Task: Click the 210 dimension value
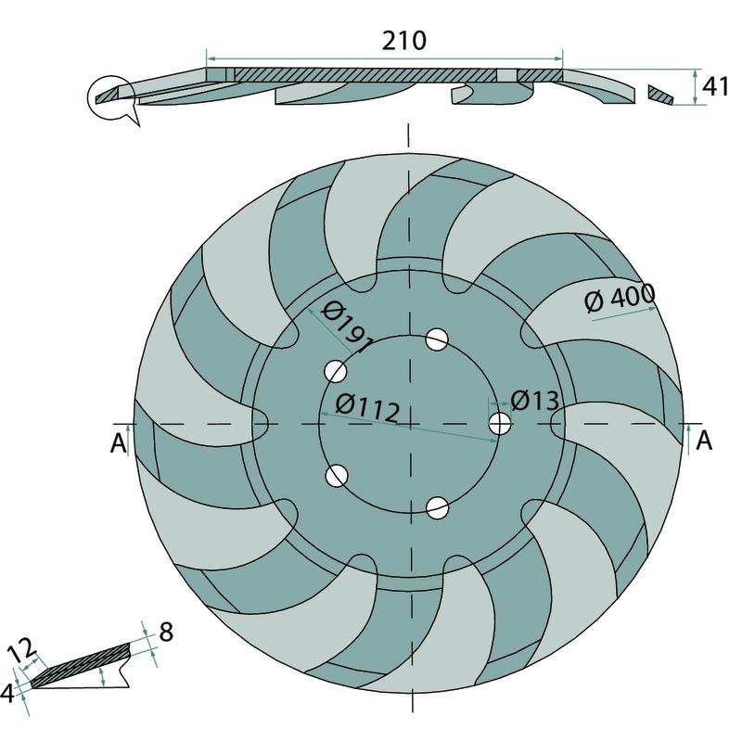click(403, 40)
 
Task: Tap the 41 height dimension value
click(714, 86)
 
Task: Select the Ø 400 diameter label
click(620, 299)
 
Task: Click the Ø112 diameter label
click(368, 407)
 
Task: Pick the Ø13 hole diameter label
click(535, 401)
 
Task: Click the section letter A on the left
click(118, 443)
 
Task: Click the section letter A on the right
click(704, 440)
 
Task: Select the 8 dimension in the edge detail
click(166, 633)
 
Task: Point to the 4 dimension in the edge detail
click(8, 691)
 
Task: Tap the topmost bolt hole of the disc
click(437, 339)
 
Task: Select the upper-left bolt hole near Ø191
click(335, 372)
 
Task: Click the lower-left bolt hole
click(336, 476)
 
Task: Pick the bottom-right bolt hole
click(438, 507)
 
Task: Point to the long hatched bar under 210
click(366, 74)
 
